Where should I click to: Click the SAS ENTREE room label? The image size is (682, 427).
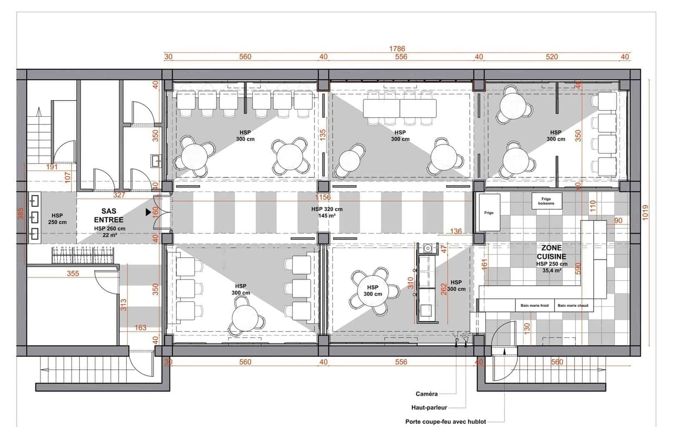point(109,216)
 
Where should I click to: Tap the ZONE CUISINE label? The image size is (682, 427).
point(551,252)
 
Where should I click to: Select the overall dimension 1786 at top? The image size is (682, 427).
point(397,49)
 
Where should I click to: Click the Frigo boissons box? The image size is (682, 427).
point(547,201)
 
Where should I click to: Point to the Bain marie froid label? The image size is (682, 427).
point(535,305)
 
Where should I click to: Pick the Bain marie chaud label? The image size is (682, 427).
point(573,305)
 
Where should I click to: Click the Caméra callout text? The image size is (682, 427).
point(427,394)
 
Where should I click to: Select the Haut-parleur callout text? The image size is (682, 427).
point(429,407)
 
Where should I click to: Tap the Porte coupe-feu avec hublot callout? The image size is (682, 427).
point(445,422)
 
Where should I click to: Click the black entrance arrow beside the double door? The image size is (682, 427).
point(148,212)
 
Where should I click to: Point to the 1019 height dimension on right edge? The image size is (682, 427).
point(645,212)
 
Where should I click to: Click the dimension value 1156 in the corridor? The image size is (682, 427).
point(323,197)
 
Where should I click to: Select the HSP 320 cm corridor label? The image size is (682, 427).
point(327,209)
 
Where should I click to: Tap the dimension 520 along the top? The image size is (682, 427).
point(552,57)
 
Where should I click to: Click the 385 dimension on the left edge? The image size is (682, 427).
point(20,213)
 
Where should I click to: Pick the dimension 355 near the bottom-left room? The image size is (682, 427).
point(73,274)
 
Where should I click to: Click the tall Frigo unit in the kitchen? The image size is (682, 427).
point(489,212)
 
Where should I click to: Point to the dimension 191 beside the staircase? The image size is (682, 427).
point(52,167)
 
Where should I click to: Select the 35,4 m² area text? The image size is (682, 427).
point(552,270)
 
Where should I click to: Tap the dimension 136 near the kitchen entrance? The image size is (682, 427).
point(456,231)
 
